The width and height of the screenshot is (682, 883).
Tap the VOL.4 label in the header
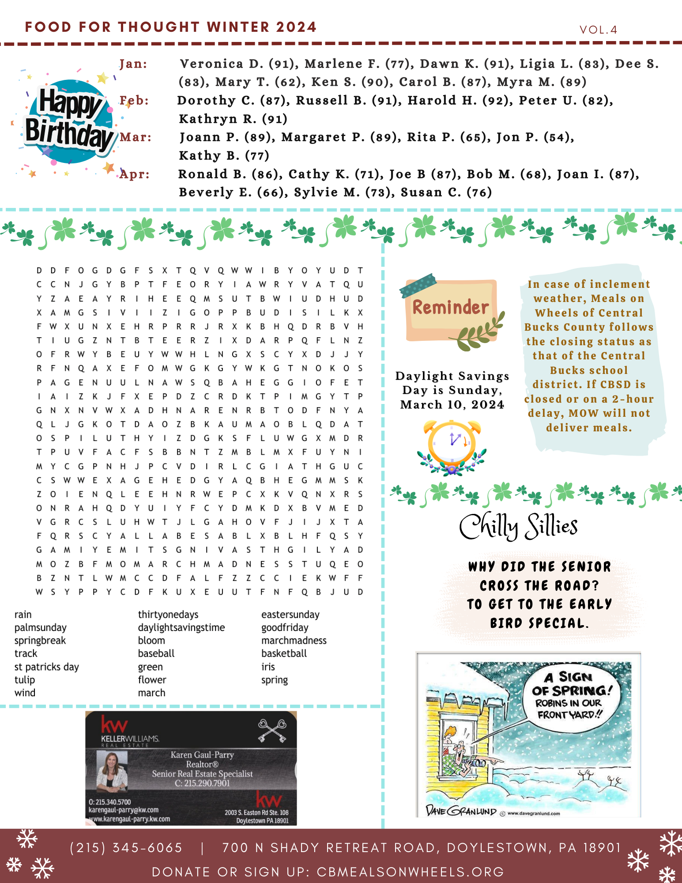[x=598, y=30]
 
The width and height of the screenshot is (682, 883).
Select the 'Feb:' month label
[x=134, y=101]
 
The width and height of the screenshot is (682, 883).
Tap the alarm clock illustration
[x=452, y=446]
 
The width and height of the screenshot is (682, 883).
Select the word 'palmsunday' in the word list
[x=40, y=627]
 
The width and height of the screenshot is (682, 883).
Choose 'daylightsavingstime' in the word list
[x=181, y=627]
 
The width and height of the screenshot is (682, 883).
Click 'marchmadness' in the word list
[x=294, y=641]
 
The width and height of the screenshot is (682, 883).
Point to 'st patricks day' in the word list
[x=46, y=667]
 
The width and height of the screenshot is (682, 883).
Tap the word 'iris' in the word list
[x=268, y=667]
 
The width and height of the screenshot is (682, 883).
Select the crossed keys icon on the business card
[x=272, y=731]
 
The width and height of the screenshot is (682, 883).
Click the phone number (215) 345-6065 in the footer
[x=126, y=848]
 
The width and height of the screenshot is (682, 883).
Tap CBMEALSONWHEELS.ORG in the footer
[x=410, y=872]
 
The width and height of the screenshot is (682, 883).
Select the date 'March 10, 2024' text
[x=452, y=405]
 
